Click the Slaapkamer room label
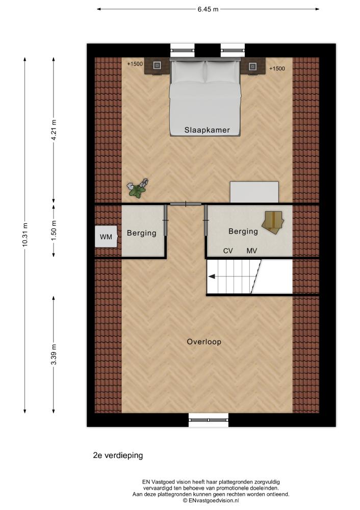click(x=207, y=130)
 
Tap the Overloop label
click(x=204, y=342)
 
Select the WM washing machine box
click(x=106, y=237)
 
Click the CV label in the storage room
click(x=228, y=251)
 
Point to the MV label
click(x=252, y=251)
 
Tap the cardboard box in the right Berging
click(x=273, y=221)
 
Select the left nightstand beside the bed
click(x=157, y=66)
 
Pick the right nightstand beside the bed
click(x=253, y=66)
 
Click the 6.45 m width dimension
click(x=208, y=9)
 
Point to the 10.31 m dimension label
click(x=25, y=235)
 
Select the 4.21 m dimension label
click(x=54, y=130)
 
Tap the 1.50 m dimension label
click(x=54, y=229)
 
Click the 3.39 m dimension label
click(x=54, y=354)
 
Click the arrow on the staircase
click(x=212, y=276)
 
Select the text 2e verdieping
click(x=118, y=455)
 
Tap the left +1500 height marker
click(x=135, y=64)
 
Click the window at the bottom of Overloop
click(x=209, y=420)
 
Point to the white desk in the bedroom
click(x=254, y=192)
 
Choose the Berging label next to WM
click(x=141, y=233)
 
